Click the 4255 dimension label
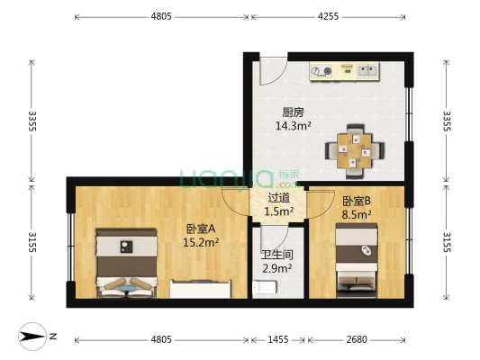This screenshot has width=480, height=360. coord(328,15)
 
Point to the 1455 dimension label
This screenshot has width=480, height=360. coord(278,339)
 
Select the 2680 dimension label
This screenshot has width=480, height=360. coord(357,339)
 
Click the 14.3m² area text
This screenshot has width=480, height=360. coord(293,126)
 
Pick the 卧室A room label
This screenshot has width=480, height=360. coord(201,229)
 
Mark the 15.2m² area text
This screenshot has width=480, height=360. coord(200,242)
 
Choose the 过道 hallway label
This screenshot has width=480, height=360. coord(279,198)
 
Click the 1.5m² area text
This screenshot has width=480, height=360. coord(279,211)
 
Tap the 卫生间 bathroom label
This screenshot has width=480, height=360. coord(276,255)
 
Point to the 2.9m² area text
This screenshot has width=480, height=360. coord(276,268)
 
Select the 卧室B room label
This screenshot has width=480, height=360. coord(357,202)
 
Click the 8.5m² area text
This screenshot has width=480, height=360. coord(357,215)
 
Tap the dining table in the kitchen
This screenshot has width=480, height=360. coord(356,147)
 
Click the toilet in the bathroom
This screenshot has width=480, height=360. coord(262,287)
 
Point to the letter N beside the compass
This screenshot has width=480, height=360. coord(52,336)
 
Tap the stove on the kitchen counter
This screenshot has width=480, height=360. coord(324,70)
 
